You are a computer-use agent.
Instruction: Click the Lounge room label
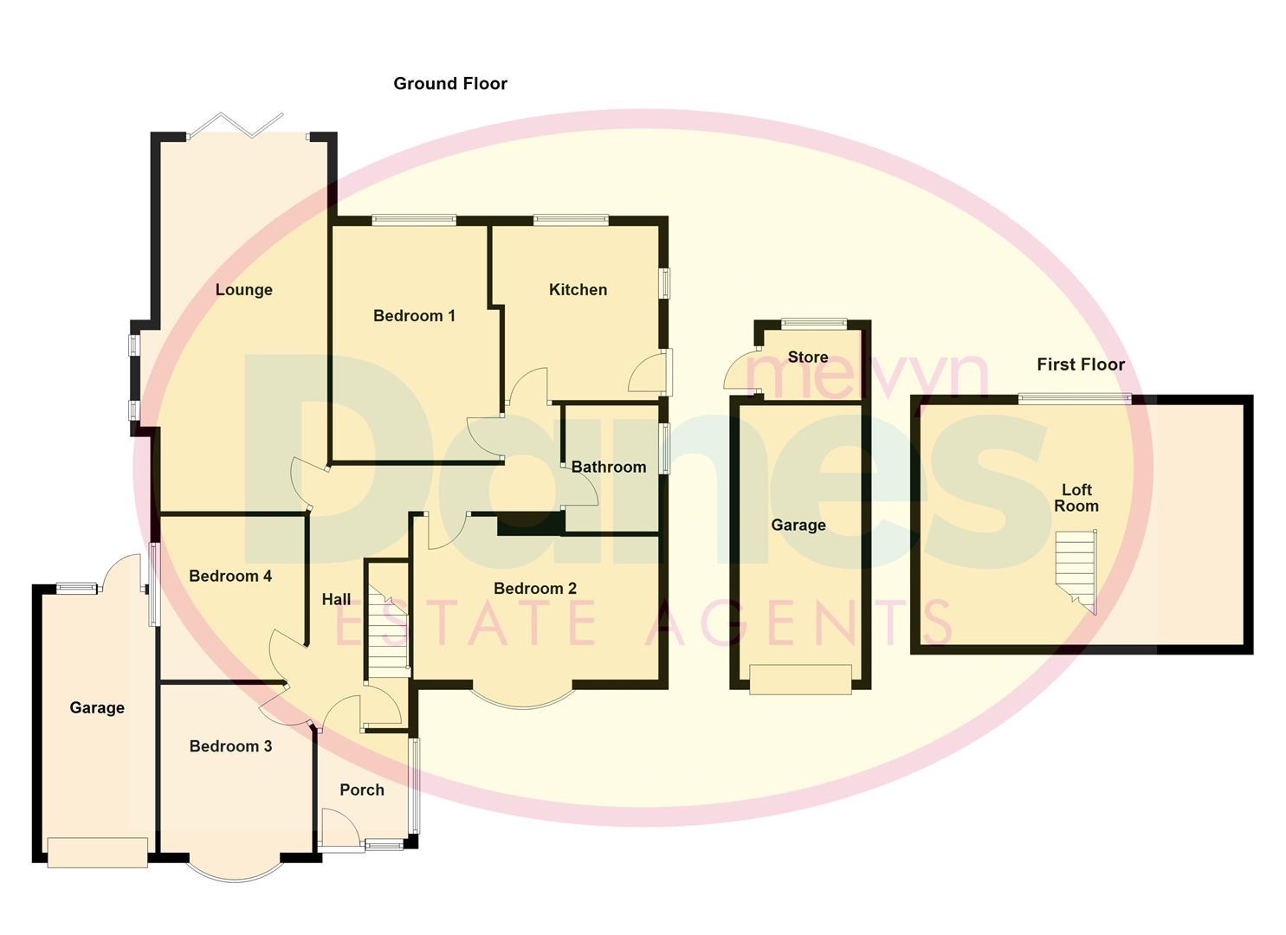pos(243,290)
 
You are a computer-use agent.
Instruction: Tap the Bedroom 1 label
pos(414,316)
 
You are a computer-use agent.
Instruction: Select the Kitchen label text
pos(578,290)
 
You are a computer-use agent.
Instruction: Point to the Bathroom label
pos(608,467)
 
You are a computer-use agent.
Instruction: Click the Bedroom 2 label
pos(534,589)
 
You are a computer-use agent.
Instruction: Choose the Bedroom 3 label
pos(230,746)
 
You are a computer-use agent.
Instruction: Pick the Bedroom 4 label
pos(230,577)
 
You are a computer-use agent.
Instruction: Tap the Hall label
pos(336,599)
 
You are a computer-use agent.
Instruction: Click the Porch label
pos(361,790)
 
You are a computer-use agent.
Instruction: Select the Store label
pos(807,358)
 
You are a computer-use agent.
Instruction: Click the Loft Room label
pos(1076,498)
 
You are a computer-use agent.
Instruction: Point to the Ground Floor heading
pos(449,84)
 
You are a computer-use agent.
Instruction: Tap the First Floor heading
pos(1080,365)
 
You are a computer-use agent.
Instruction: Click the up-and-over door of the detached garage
pos(800,680)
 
